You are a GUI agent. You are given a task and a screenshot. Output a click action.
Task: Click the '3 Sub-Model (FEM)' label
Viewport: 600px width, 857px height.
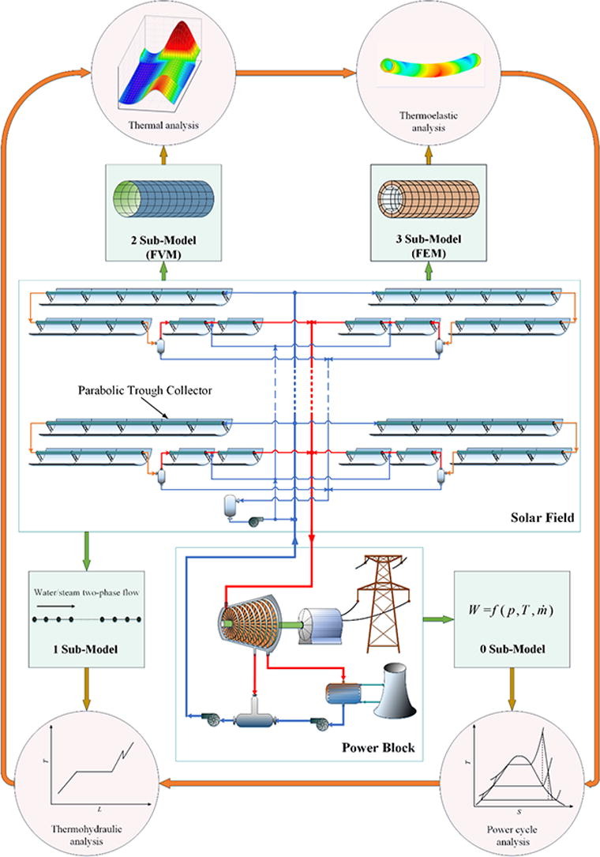tap(431, 246)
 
